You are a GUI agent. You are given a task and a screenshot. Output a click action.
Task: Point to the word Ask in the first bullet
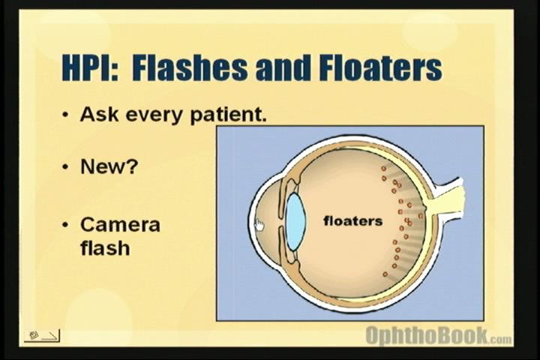tap(99, 114)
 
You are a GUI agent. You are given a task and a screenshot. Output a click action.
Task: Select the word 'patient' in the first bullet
tap(226, 115)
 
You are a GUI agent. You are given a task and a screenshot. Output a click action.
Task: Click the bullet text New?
tap(109, 166)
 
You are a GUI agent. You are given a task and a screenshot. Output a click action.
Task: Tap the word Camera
tap(120, 224)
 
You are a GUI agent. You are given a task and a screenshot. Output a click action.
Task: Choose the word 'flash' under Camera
tap(105, 247)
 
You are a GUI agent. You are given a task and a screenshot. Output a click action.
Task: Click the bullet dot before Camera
tap(65, 225)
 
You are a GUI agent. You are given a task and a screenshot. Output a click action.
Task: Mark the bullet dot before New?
tap(65, 166)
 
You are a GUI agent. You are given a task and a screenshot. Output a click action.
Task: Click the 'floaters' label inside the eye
tap(353, 220)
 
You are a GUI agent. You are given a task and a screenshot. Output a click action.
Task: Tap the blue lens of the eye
tap(295, 221)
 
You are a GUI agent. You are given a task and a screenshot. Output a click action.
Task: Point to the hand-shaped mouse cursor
tap(259, 225)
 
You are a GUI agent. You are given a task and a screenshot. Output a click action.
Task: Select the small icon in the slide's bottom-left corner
tap(42, 335)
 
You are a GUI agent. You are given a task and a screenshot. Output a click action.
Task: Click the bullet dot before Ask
tap(65, 114)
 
